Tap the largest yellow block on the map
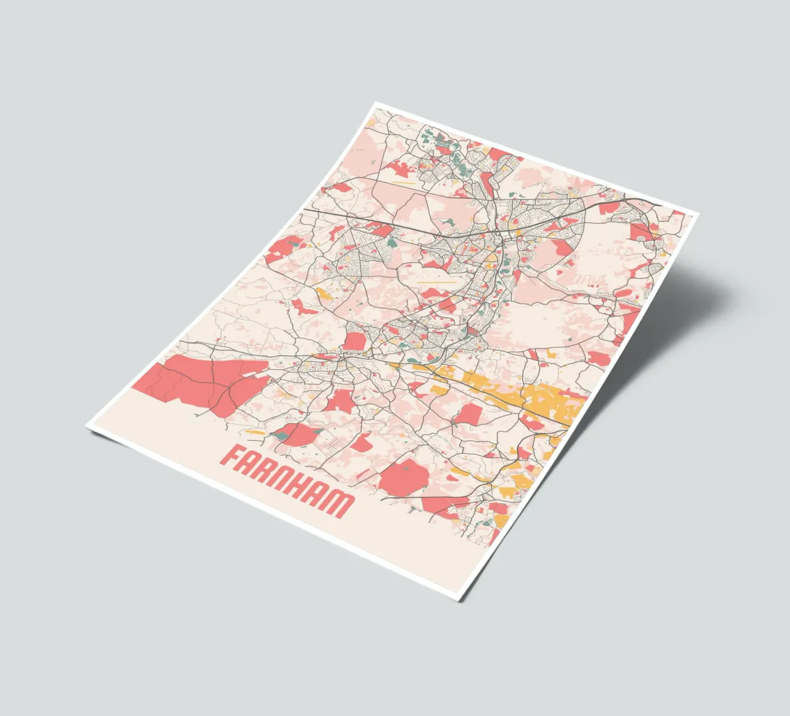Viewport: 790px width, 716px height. pos(549,401)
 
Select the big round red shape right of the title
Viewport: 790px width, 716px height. pos(404,478)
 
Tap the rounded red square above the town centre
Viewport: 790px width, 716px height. pos(354,341)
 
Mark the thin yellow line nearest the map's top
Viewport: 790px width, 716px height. pos(404,183)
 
